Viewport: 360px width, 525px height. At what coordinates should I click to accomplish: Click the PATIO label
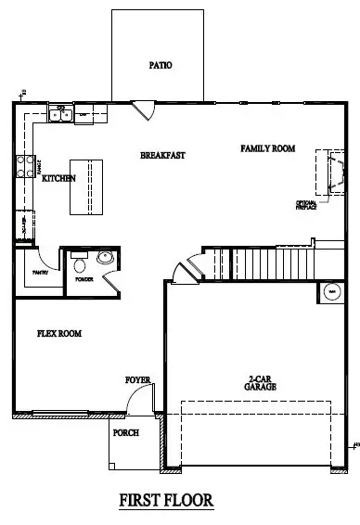[x=161, y=66]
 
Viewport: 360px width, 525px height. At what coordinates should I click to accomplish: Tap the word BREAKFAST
[x=163, y=155]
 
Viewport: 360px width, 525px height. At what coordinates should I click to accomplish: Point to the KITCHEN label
[x=58, y=178]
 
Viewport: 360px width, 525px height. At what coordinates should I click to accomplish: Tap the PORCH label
[x=125, y=432]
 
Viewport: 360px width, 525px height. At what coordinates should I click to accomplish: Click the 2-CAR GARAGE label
[x=262, y=383]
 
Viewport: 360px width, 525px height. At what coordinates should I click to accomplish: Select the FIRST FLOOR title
[x=166, y=500]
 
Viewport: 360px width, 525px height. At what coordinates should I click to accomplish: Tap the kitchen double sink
[x=61, y=116]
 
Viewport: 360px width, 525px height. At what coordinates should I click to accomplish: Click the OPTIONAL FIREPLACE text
[x=307, y=205]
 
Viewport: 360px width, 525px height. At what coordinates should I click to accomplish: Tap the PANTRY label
[x=39, y=273]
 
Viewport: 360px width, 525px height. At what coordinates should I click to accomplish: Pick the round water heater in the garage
[x=330, y=293]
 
